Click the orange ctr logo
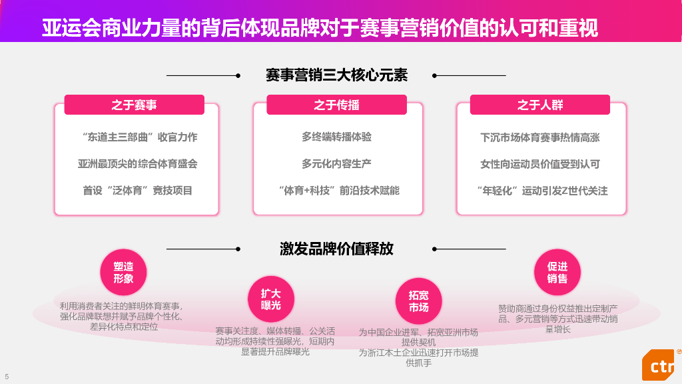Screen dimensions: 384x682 [x=660, y=366]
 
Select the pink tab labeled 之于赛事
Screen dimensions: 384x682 [x=134, y=105]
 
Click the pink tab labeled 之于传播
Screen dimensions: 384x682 [x=336, y=105]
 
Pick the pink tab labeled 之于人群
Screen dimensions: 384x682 [x=539, y=105]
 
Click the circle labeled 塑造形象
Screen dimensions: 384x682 [x=123, y=272]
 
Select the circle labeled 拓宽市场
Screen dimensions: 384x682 [x=419, y=301]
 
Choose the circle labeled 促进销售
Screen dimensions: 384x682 [x=557, y=272]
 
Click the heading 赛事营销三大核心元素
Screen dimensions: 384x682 [x=336, y=75]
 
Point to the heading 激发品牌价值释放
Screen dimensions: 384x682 [x=336, y=249]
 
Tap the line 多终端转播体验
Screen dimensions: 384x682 [x=336, y=137]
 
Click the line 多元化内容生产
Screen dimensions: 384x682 [x=336, y=164]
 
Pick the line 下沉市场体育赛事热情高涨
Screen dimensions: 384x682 [x=540, y=137]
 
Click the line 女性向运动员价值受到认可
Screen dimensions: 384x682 [x=540, y=164]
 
